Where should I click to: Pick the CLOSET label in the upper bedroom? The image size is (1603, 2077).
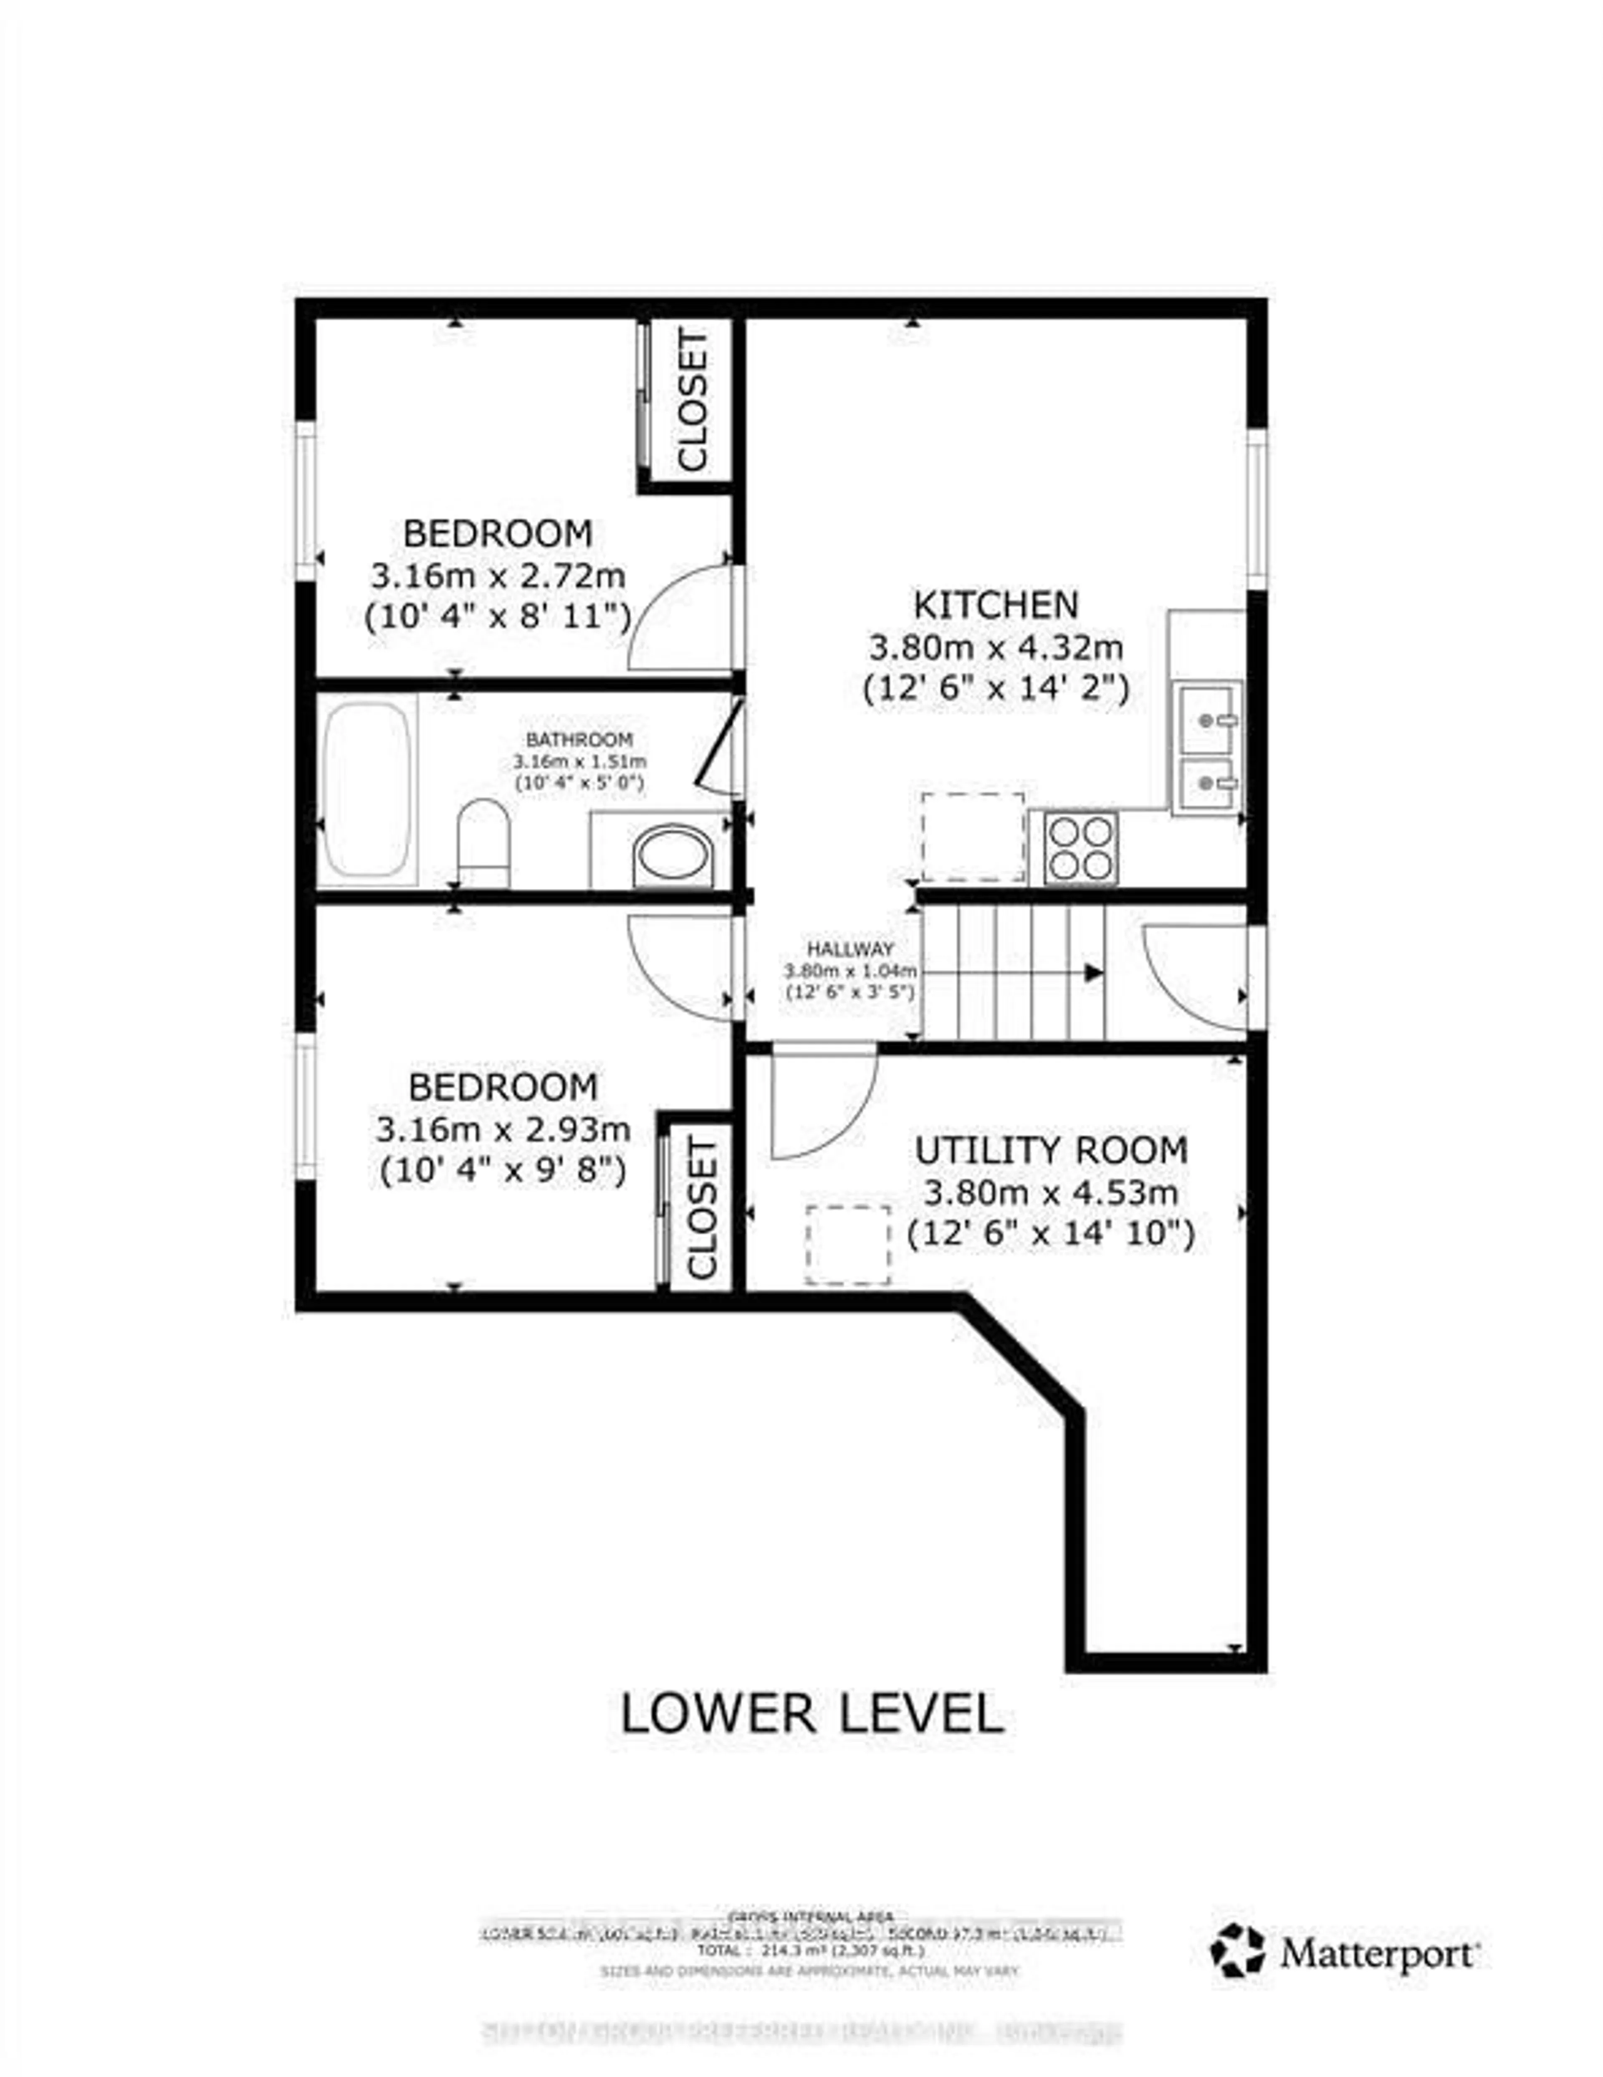(x=693, y=399)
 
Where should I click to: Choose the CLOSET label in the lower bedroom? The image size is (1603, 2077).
(x=701, y=1209)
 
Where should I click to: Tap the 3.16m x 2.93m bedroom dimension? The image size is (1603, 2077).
(x=503, y=1130)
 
